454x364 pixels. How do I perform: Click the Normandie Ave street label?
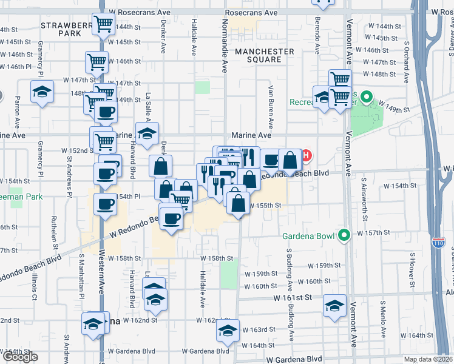pyautogui.click(x=225, y=45)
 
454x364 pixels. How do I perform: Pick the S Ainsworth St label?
pyautogui.click(x=364, y=194)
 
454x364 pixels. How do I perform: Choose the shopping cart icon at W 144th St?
pyautogui.click(x=104, y=24)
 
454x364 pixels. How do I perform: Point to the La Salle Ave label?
pyautogui.click(x=147, y=104)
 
